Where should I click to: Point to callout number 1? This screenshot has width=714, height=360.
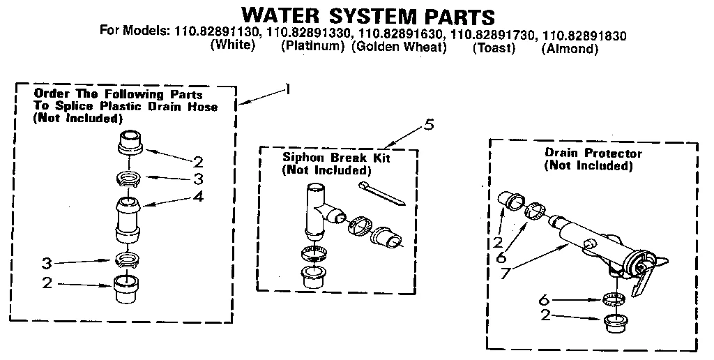[287, 89]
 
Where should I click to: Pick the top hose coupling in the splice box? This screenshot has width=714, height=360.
[130, 142]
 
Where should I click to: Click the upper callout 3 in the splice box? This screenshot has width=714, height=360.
[199, 179]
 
